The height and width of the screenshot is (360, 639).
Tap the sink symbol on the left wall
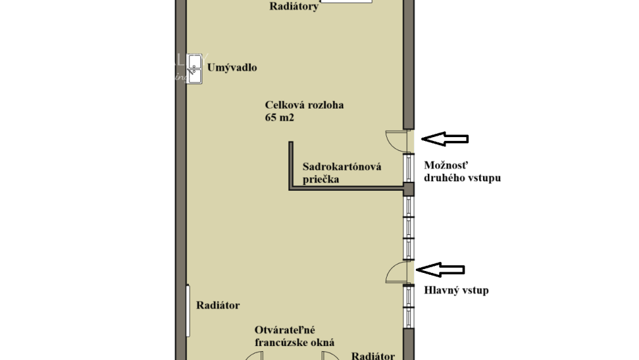(x=195, y=69)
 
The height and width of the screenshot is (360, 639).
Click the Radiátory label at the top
(x=293, y=7)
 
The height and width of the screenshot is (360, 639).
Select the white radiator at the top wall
(x=346, y=2)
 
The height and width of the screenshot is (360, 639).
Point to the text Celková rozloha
(x=304, y=105)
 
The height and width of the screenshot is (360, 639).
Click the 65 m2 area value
(x=281, y=117)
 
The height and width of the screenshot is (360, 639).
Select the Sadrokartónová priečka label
(x=341, y=173)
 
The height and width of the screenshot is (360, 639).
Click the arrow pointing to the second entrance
(x=445, y=139)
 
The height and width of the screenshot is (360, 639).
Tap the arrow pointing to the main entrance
(x=442, y=270)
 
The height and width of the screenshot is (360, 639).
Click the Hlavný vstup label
(x=456, y=291)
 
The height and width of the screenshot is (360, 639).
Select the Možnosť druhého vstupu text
(x=462, y=171)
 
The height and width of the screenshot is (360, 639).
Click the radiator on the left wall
(x=188, y=312)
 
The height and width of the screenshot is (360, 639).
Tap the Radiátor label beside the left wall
(x=217, y=305)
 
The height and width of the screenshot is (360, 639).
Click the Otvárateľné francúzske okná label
(x=294, y=337)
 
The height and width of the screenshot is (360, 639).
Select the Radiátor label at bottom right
(x=373, y=356)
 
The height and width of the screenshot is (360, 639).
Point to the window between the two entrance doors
(x=409, y=227)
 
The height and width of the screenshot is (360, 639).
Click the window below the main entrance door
(x=409, y=306)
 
